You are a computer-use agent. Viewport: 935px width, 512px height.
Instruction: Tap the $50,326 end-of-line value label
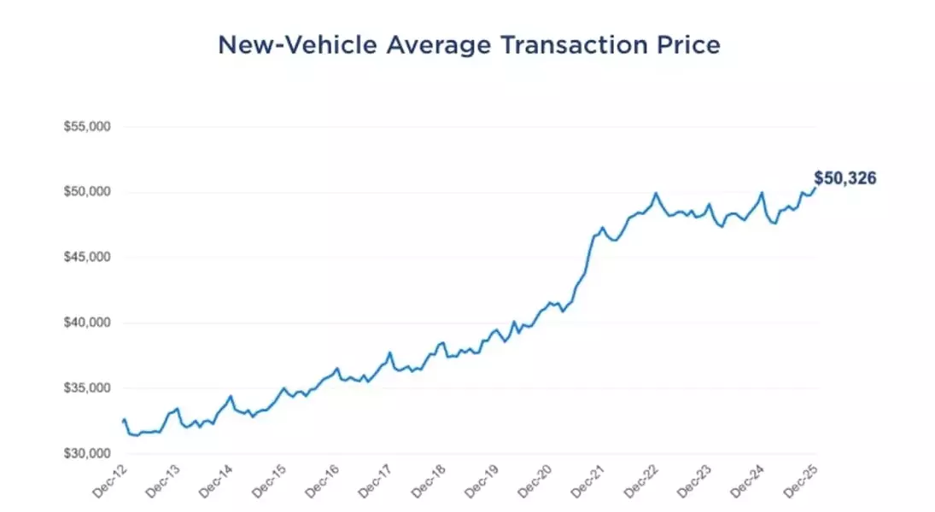point(845,179)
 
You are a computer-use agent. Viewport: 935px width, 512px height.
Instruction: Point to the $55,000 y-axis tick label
point(88,127)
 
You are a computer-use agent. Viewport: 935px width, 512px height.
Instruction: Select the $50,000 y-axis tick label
point(88,192)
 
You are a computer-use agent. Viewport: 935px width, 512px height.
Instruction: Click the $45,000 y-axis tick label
point(88,258)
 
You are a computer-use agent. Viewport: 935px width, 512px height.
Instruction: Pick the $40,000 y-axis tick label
point(88,323)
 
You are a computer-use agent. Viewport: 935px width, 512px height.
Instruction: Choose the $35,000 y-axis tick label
point(88,388)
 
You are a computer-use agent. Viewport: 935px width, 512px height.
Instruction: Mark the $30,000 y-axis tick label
point(88,454)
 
